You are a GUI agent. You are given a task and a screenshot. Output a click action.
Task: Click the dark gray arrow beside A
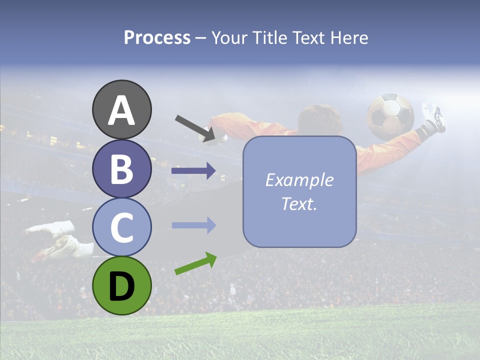[195, 128]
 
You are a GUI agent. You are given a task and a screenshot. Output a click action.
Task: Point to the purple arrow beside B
[193, 171]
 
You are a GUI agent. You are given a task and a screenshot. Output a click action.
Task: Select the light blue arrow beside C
[193, 225]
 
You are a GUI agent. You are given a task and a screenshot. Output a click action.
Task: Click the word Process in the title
[157, 38]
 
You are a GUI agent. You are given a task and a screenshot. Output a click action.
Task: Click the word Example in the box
[299, 180]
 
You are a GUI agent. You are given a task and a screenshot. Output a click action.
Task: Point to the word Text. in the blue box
[299, 204]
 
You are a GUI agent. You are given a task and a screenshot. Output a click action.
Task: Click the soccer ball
[390, 116]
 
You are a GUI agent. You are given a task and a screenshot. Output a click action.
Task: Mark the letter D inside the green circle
[121, 286]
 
